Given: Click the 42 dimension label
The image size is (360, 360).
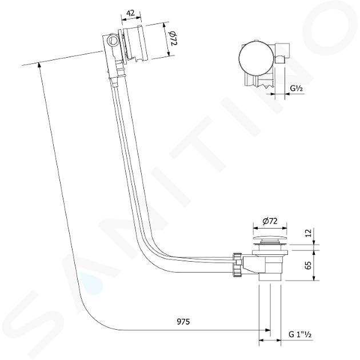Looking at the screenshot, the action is pyautogui.click(x=131, y=13).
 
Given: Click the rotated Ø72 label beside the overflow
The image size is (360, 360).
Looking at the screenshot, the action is pyautogui.click(x=173, y=38).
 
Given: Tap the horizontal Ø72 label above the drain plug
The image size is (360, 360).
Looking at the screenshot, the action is pyautogui.click(x=270, y=221).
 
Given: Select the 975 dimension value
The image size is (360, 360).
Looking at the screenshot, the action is pyautogui.click(x=183, y=322).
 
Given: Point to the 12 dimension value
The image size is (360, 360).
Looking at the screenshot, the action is pyautogui.click(x=309, y=233).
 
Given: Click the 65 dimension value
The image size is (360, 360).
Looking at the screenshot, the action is pyautogui.click(x=309, y=265).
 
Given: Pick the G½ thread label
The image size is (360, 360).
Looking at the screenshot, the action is pyautogui.click(x=297, y=88).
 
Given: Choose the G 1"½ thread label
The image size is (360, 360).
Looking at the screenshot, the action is pyautogui.click(x=300, y=334).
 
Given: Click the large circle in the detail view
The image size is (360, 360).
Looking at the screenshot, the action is pyautogui.click(x=256, y=58).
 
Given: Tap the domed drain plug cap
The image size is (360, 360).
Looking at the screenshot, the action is pyautogui.click(x=270, y=238).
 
